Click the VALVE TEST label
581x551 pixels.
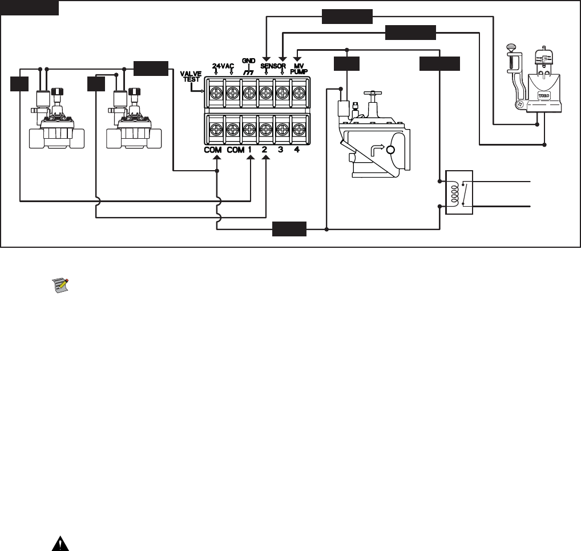pyautogui.click(x=191, y=77)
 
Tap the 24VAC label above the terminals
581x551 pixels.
pyautogui.click(x=223, y=66)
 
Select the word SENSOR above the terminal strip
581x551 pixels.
pyautogui.click(x=274, y=66)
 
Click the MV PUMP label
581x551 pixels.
pyautogui.click(x=299, y=69)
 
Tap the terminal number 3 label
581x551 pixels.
pyautogui.click(x=281, y=149)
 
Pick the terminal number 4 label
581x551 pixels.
pyautogui.click(x=297, y=149)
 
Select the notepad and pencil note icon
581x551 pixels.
pyautogui.click(x=60, y=284)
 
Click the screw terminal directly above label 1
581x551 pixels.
pyautogui.click(x=249, y=127)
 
